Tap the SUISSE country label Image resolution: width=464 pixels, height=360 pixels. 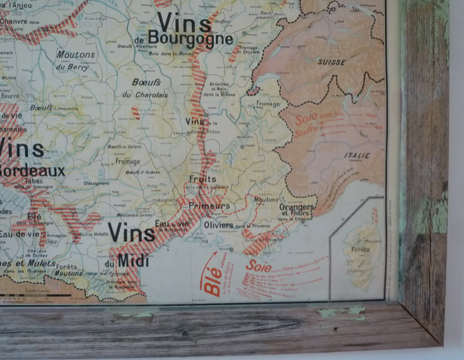332,63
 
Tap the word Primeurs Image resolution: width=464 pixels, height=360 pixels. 209,207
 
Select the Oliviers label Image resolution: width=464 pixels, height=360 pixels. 218,225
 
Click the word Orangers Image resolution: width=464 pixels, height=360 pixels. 296,207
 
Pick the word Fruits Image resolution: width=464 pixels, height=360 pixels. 203,180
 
